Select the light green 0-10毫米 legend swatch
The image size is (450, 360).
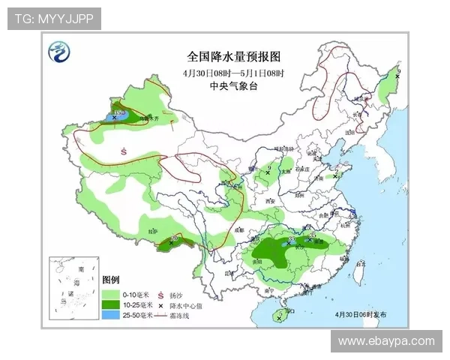(111, 295)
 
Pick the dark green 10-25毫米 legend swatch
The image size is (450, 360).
(111, 305)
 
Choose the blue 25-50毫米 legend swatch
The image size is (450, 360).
(111, 316)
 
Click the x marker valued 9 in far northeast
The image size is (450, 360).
(397, 76)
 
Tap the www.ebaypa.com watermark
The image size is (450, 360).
(386, 341)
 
